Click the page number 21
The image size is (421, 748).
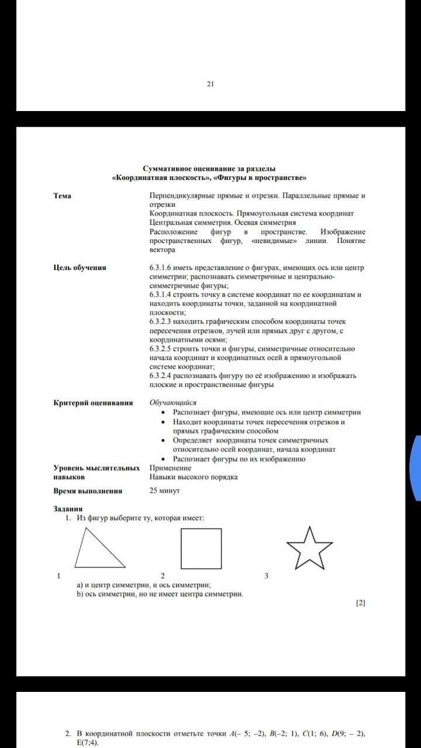tap(210, 84)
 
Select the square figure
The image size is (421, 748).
tap(201, 549)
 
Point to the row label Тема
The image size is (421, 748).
tap(63, 196)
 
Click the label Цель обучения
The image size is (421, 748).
tap(80, 268)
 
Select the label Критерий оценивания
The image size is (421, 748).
tap(93, 403)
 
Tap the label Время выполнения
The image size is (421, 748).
tap(88, 491)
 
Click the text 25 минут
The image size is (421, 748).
tap(164, 491)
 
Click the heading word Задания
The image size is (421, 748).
tap(68, 509)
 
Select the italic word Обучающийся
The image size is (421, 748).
tap(173, 403)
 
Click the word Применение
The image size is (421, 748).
tap(170, 468)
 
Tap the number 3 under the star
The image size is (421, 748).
tap(266, 576)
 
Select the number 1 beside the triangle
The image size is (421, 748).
tap(58, 576)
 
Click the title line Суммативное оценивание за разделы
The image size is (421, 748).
tap(209, 168)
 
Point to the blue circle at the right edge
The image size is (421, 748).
tap(416, 467)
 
